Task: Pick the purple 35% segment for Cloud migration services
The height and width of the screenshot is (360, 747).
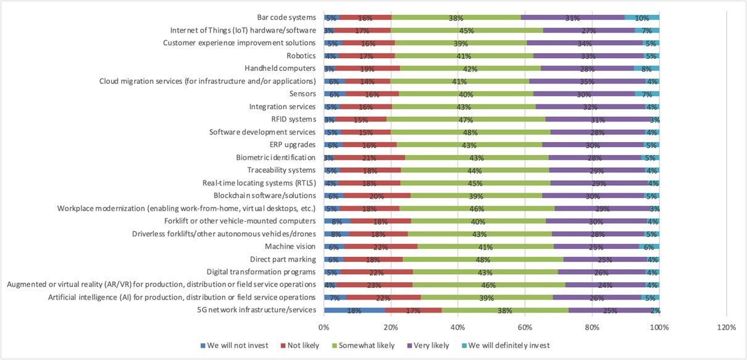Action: pos(587,81)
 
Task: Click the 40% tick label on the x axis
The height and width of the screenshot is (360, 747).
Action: pos(457,327)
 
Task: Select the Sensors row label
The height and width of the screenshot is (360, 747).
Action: pos(303,94)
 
